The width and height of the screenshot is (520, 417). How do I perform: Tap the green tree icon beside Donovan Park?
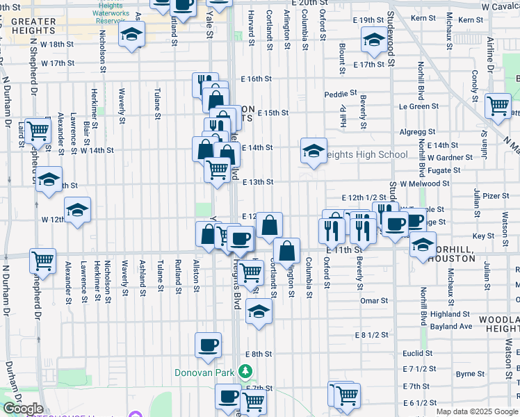click(x=245, y=372)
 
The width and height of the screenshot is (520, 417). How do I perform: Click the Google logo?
click(x=23, y=409)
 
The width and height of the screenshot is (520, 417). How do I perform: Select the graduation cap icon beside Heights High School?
click(x=314, y=150)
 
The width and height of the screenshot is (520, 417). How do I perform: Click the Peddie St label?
click(x=340, y=93)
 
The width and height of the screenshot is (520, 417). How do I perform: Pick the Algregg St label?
click(x=416, y=131)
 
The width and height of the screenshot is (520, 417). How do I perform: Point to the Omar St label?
click(x=374, y=301)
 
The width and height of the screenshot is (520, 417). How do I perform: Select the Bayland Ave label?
click(x=447, y=326)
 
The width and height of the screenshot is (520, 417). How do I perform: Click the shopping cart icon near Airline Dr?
click(x=498, y=106)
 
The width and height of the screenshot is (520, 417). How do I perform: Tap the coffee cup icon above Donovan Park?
click(x=208, y=345)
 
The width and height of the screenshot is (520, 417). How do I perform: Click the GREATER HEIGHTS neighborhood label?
click(x=33, y=26)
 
